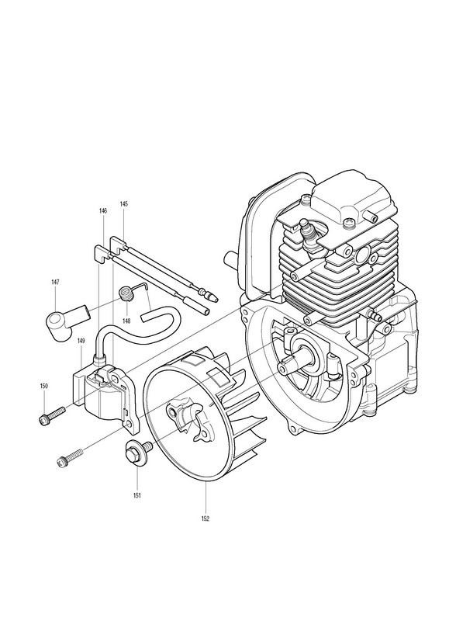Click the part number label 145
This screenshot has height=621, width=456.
pos(124,204)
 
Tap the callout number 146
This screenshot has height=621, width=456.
pos(103,211)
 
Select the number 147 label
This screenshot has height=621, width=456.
pos(55,282)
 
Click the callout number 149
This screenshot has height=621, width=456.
pos(81,340)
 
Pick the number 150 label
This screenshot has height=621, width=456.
pos(43,386)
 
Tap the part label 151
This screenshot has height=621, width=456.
pos(137,495)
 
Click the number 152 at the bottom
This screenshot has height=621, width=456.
pos(206,519)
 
